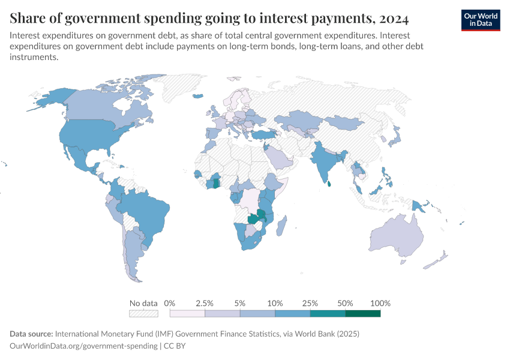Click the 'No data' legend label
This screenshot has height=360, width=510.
(x=143, y=303)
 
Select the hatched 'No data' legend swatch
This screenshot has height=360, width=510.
(x=143, y=313)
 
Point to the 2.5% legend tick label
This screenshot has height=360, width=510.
(x=205, y=303)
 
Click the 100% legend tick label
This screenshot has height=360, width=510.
(x=380, y=303)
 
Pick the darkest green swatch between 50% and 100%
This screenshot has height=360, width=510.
(x=363, y=313)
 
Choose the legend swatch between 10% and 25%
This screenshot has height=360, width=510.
(x=293, y=313)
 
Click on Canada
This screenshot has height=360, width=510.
(x=96, y=108)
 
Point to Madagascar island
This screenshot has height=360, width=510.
(x=283, y=226)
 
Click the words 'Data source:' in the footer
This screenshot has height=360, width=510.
(x=31, y=334)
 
